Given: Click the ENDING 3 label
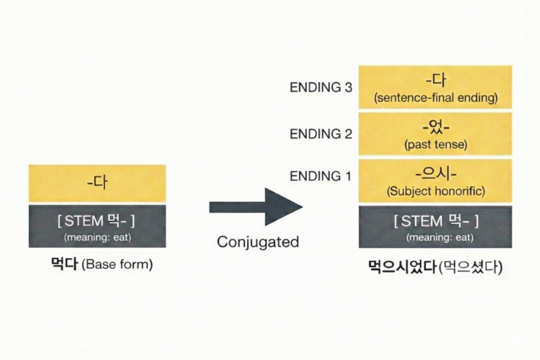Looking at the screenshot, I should pyautogui.click(x=321, y=87).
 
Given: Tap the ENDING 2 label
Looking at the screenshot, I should pyautogui.click(x=321, y=134).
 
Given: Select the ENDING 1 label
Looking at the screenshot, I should pyautogui.click(x=321, y=177).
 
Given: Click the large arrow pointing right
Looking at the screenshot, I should pyautogui.click(x=256, y=207).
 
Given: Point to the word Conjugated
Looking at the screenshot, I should pyautogui.click(x=258, y=242).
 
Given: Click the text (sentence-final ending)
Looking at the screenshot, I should pyautogui.click(x=435, y=98).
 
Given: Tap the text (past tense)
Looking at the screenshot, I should pyautogui.click(x=436, y=145).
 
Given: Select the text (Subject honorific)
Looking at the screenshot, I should pyautogui.click(x=436, y=191).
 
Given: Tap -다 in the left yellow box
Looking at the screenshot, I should pyautogui.click(x=97, y=183).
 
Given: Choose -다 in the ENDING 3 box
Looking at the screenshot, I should pyautogui.click(x=436, y=81).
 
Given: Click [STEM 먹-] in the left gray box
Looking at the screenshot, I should pyautogui.click(x=97, y=221).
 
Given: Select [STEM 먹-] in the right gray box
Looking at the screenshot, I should pyautogui.click(x=436, y=221).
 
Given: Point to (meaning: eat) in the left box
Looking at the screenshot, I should pyautogui.click(x=97, y=237).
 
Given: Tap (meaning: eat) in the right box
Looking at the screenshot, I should pyautogui.click(x=436, y=238).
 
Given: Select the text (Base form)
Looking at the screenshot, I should pyautogui.click(x=117, y=265).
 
